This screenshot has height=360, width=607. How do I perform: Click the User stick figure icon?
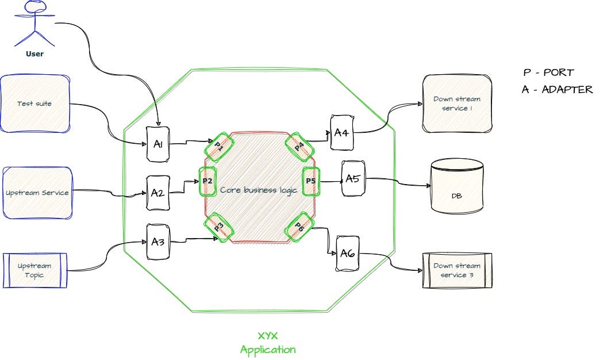34,23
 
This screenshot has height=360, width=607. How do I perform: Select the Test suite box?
35,104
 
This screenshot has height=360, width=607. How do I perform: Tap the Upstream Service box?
37,193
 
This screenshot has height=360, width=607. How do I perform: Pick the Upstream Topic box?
35,270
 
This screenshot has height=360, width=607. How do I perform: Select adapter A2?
157,193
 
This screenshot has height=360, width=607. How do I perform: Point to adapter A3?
158,242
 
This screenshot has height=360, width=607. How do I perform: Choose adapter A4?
341,133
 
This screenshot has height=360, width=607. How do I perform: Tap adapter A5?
352,179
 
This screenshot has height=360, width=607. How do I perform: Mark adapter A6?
347,252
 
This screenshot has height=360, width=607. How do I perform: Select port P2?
208,181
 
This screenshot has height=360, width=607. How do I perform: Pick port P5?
310,181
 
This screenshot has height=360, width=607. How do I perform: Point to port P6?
299,227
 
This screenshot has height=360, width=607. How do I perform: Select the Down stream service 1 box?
457,104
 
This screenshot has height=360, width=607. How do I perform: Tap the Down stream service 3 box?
457,270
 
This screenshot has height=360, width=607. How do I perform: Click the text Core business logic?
259,190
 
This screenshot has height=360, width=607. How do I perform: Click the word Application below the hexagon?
268,349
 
